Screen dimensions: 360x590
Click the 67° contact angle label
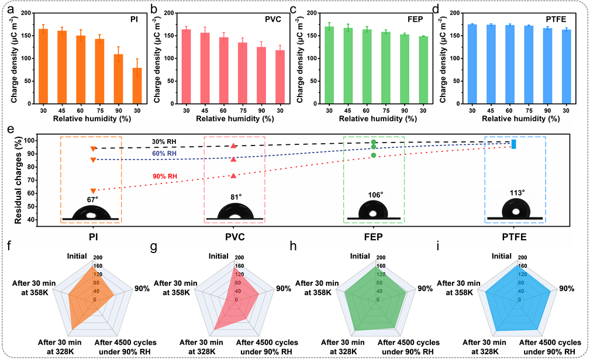click(x=93, y=200)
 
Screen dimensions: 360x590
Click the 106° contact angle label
click(x=375, y=194)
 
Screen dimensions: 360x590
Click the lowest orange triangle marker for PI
click(x=93, y=191)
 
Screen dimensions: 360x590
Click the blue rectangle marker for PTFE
click(x=513, y=144)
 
